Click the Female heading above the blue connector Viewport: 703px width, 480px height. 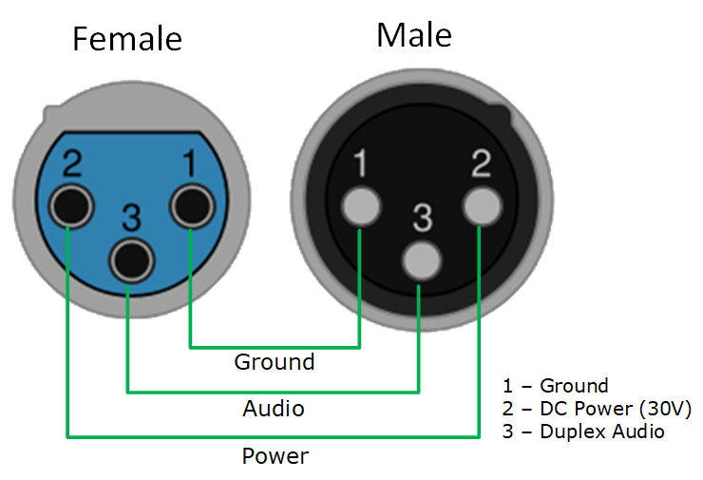pyautogui.click(x=127, y=39)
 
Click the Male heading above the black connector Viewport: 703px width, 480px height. pyautogui.click(x=414, y=35)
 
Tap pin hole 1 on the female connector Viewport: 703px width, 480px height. pyautogui.click(x=190, y=205)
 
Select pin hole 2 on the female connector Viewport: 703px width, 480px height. pyautogui.click(x=71, y=205)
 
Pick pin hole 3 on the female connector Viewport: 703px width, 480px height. pyautogui.click(x=130, y=258)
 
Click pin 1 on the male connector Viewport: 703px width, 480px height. pyautogui.click(x=361, y=205)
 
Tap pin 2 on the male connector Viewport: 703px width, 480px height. pyautogui.click(x=481, y=205)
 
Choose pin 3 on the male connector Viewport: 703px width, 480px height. pyautogui.click(x=421, y=258)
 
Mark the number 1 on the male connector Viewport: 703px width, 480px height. pyautogui.click(x=360, y=165)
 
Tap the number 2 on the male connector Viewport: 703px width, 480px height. pyautogui.click(x=481, y=165)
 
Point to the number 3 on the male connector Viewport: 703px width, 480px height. pyautogui.click(x=421, y=219)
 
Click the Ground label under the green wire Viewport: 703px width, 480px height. pyautogui.click(x=275, y=362)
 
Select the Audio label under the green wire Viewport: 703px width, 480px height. pyautogui.click(x=274, y=409)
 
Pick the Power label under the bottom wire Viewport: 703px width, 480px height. pyautogui.click(x=275, y=456)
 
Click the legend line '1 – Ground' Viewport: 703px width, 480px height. pyautogui.click(x=555, y=386)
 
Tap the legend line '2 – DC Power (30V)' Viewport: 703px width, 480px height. pyautogui.click(x=596, y=409)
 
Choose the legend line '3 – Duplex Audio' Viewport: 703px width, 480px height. pyautogui.click(x=582, y=432)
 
